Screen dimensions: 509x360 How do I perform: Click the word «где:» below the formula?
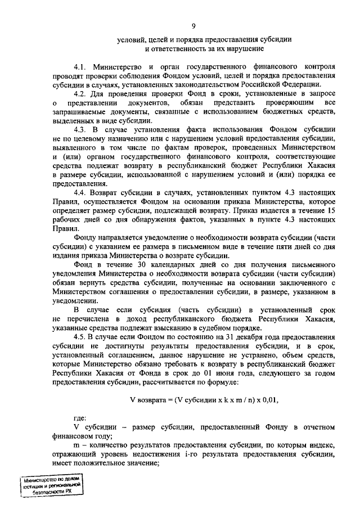click(81, 419)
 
